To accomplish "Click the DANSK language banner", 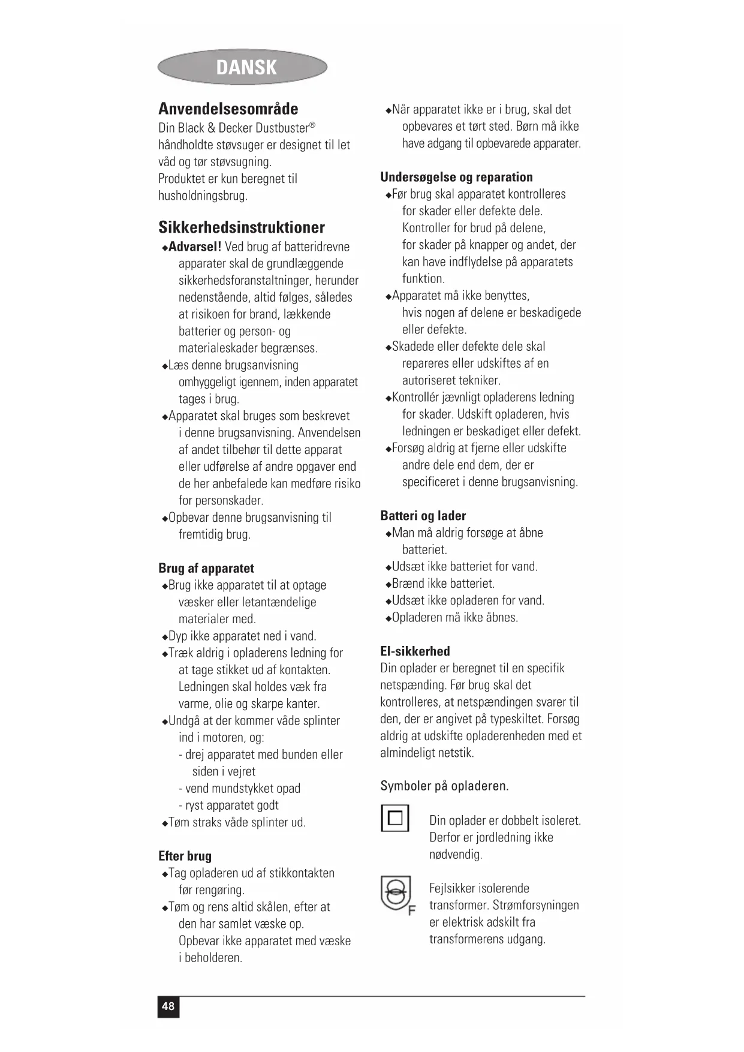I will point(243,67).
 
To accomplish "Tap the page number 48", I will point(168,1006).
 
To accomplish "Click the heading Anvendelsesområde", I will point(228,109).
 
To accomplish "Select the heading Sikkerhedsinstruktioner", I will point(241,227).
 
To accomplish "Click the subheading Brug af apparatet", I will point(206,568).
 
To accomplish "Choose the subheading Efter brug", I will point(185,856).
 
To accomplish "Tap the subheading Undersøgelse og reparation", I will point(456,177).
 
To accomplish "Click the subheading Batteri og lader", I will point(423,516).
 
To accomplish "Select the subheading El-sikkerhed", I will point(415,651).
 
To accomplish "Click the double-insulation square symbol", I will point(395,818).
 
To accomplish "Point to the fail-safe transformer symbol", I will point(395,893).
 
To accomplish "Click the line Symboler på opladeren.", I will point(444,786).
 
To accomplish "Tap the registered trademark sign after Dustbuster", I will point(312,125).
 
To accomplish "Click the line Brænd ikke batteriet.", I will point(443,584).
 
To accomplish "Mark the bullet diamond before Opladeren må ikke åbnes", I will point(388,618).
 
